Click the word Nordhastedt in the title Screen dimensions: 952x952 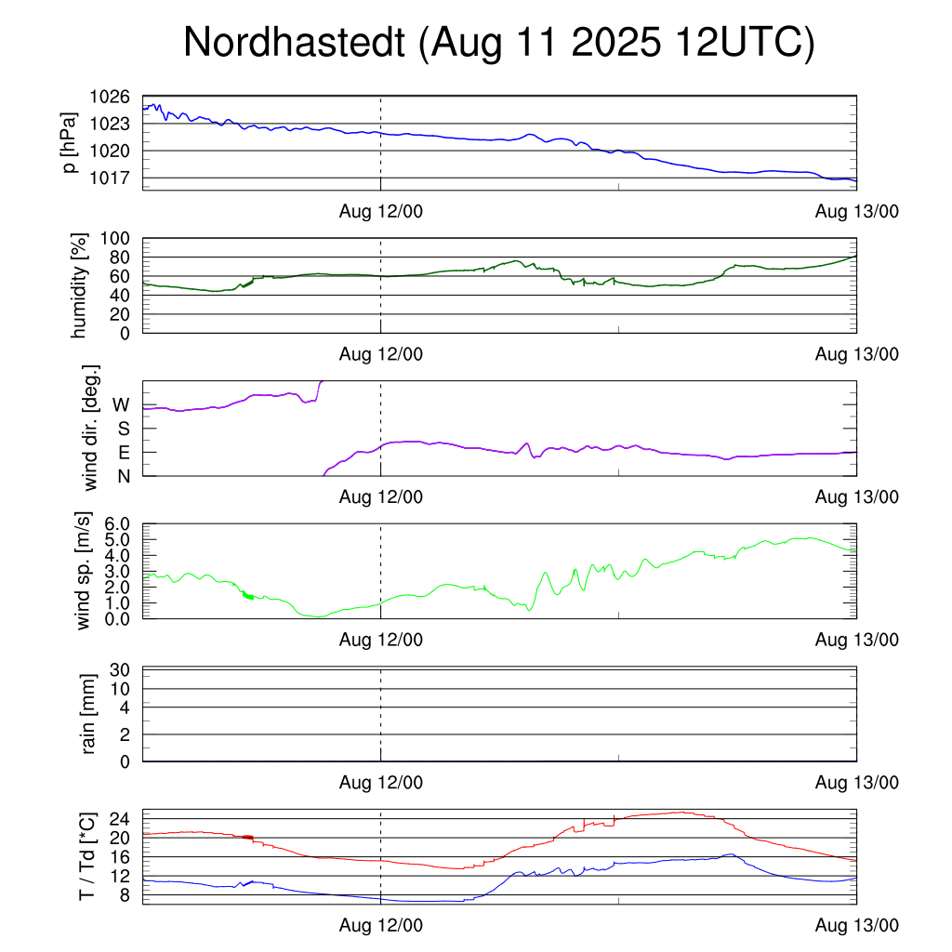point(295,44)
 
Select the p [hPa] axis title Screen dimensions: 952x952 point(72,143)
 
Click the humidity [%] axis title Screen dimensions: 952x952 point(79,285)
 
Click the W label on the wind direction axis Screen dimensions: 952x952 point(121,405)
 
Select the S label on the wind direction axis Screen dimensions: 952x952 point(123,429)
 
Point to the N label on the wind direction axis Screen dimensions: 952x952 point(123,476)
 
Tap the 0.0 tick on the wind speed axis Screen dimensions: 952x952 point(116,618)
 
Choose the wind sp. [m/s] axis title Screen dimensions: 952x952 point(84,571)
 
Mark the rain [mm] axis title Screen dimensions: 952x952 point(89,714)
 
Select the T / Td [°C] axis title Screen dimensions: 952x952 point(86,856)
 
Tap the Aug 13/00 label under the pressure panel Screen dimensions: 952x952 point(856,211)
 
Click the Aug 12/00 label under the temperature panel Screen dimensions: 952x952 point(380,925)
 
